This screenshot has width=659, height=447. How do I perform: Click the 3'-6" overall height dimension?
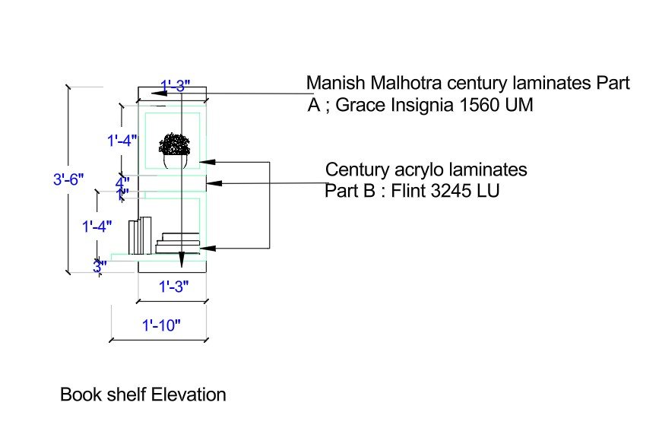click(68, 180)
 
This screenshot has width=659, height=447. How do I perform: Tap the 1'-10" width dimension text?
click(160, 325)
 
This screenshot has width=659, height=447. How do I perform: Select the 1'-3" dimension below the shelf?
click(173, 287)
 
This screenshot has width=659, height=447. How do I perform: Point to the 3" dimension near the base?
click(100, 266)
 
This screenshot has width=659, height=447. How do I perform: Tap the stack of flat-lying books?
click(178, 243)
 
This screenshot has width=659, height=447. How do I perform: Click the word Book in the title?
click(77, 395)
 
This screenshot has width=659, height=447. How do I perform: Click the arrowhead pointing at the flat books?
click(207, 247)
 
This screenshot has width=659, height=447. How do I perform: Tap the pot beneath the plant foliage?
click(176, 161)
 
